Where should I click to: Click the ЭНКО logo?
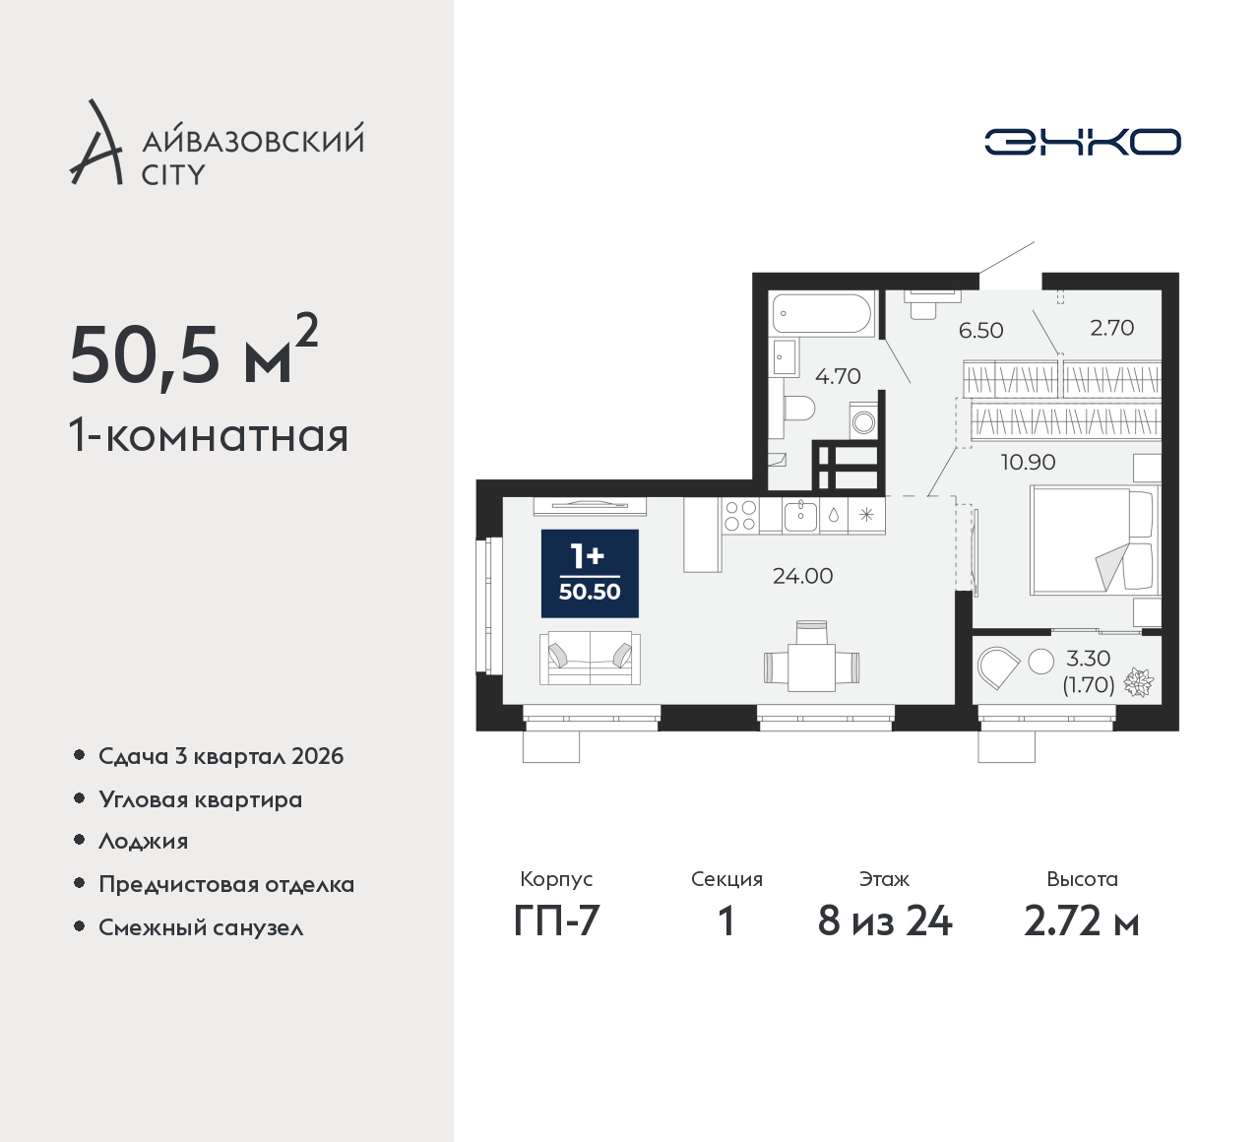[x=1082, y=142]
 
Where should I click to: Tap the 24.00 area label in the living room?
[x=802, y=576]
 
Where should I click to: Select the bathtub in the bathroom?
[x=822, y=312]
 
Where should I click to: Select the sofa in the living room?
[x=590, y=658]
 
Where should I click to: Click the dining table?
[x=811, y=666]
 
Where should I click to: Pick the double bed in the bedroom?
[x=1095, y=540]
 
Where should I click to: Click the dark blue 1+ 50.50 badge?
[x=590, y=574]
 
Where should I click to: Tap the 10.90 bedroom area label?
[x=1029, y=463]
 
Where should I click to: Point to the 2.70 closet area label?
[x=1111, y=327]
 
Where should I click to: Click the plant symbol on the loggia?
[x=1138, y=683]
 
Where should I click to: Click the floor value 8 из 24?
[x=885, y=921]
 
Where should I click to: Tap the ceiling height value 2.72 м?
[x=1082, y=921]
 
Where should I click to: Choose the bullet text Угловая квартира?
[x=201, y=799]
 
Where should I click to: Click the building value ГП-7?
[x=556, y=921]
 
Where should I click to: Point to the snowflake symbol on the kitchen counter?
[x=867, y=516]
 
